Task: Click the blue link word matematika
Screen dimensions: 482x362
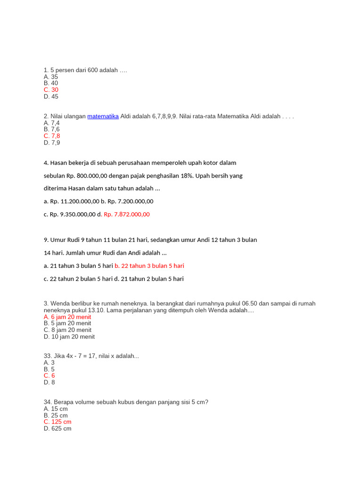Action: tap(103, 116)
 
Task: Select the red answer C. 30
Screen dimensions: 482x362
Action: tap(51, 90)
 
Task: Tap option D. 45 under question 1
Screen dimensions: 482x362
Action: tap(51, 96)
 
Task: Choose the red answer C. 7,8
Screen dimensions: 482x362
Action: tap(52, 136)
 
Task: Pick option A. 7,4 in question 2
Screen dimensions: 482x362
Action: tap(52, 123)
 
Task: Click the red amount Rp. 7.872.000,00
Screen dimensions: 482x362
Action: tap(126, 214)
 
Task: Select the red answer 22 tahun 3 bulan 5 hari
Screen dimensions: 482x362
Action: tap(149, 266)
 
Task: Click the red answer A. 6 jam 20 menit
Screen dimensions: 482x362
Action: tap(67, 317)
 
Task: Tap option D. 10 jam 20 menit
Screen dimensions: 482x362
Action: tap(69, 337)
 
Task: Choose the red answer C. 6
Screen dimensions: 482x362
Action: tap(49, 376)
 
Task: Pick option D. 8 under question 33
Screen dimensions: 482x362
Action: tap(49, 382)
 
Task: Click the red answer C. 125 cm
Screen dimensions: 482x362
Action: tap(58, 422)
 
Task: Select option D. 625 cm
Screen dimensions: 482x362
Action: tap(58, 429)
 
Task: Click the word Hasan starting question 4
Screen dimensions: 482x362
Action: tap(60, 163)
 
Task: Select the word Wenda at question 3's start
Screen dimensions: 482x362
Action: tap(60, 304)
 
